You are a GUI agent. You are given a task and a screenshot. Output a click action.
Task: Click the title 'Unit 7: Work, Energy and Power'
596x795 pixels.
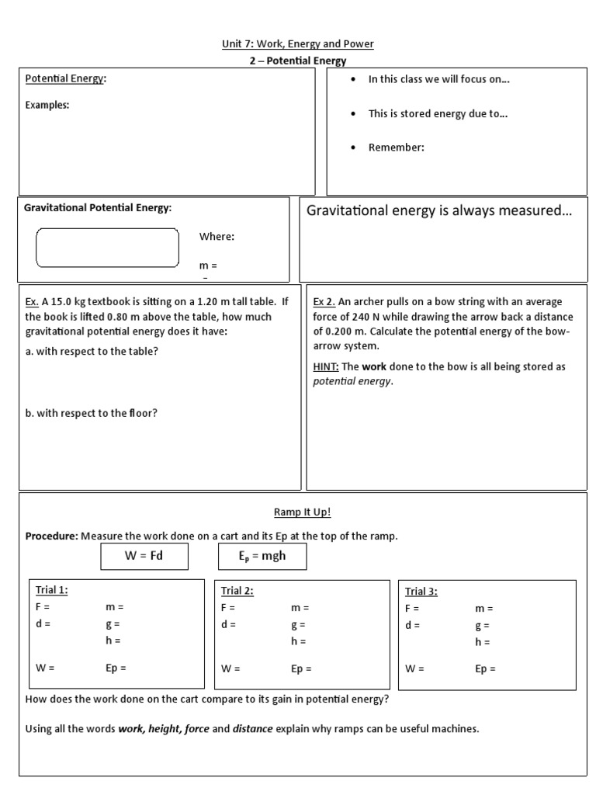(298, 44)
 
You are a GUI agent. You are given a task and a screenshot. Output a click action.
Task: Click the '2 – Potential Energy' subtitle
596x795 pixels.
(298, 61)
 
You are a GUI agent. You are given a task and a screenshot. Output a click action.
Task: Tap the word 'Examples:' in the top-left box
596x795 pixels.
(47, 105)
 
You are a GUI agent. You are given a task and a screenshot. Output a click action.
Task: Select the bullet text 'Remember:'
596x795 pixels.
(396, 148)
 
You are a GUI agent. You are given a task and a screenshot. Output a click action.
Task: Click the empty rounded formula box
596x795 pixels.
(107, 248)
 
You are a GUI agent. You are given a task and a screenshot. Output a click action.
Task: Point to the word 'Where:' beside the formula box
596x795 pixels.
(217, 237)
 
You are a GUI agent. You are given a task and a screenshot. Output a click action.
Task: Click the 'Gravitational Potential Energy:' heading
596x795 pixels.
(98, 208)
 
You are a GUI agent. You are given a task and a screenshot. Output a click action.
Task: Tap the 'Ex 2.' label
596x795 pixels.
(324, 302)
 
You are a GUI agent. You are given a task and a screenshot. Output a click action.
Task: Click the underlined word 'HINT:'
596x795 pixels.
(325, 366)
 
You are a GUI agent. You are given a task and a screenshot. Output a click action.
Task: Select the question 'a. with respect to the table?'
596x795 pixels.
(92, 351)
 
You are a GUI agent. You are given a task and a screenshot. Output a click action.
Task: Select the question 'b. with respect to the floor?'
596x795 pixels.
(91, 413)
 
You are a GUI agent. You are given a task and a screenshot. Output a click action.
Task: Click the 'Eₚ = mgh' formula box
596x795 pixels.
(262, 556)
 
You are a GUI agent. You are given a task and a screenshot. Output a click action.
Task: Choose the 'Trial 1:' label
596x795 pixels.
(52, 590)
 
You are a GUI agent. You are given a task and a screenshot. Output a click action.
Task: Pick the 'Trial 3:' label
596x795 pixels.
(421, 592)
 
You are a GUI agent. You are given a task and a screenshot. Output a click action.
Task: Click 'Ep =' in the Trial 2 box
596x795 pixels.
(301, 668)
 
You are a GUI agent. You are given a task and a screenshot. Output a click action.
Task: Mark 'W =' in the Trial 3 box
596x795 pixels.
(414, 668)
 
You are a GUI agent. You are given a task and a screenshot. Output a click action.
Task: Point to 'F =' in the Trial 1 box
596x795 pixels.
(43, 607)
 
